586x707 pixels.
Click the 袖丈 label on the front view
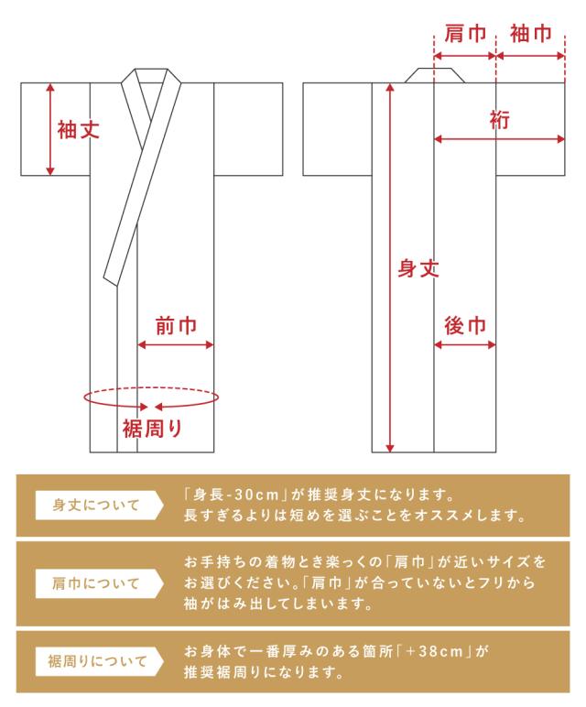(x=78, y=130)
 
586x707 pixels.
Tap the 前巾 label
(x=175, y=326)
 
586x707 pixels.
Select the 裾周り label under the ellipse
(x=152, y=427)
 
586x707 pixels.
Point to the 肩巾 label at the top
(x=464, y=35)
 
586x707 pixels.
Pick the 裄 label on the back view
(x=500, y=120)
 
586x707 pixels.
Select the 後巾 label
(x=464, y=326)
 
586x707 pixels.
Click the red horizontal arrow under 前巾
(x=175, y=345)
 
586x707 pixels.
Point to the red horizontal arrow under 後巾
(x=464, y=345)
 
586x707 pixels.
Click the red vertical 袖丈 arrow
(x=51, y=128)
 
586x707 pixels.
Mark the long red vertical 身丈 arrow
(x=391, y=267)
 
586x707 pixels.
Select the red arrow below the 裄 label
(x=499, y=139)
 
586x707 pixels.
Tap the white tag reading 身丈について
(x=97, y=506)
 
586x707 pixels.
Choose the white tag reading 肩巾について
(x=97, y=582)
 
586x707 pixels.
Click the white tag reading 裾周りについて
(x=97, y=659)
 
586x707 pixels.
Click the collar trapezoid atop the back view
(x=435, y=74)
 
